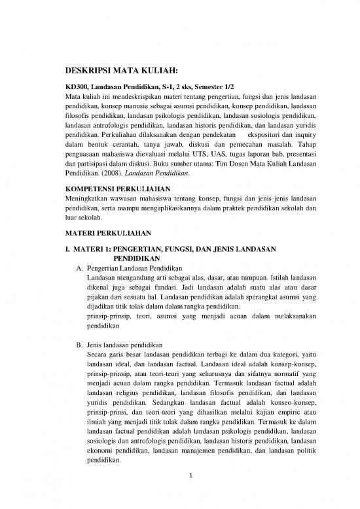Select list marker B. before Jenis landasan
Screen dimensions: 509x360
point(79,348)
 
